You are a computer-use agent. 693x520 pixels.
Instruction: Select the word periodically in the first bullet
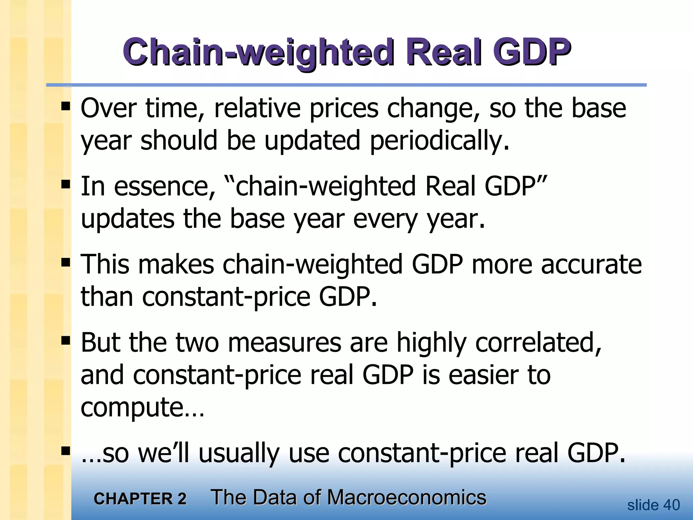(439, 141)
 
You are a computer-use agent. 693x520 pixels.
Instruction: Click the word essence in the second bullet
(164, 187)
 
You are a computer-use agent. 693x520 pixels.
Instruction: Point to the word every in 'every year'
(385, 219)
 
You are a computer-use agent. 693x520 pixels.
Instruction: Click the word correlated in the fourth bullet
(538, 343)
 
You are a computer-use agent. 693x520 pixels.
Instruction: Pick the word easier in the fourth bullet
(483, 375)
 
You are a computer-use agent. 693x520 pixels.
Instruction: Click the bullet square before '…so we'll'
(66, 451)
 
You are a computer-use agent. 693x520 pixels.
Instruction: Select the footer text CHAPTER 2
(140, 499)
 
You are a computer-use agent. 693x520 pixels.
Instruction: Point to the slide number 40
(671, 505)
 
